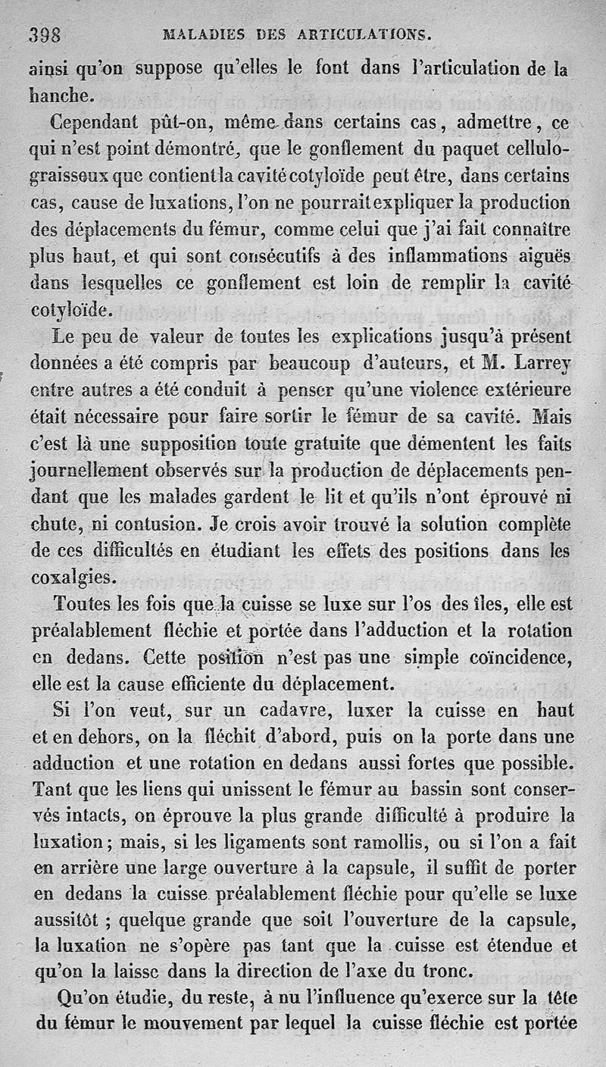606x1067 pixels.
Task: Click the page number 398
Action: coord(45,34)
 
